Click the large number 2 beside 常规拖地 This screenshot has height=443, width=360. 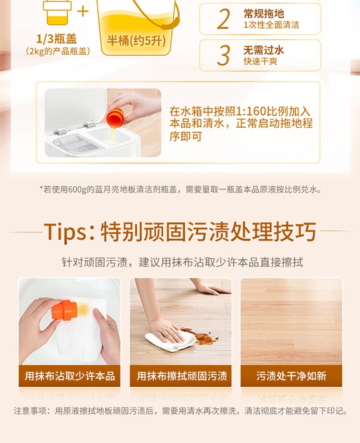pos(223,19)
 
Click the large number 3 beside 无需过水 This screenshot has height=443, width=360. pos(223,55)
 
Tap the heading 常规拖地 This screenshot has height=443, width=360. pos(264,13)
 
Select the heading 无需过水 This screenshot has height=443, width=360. pos(264,50)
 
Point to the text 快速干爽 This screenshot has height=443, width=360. pos(261,61)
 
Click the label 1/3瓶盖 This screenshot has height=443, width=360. pos(57,39)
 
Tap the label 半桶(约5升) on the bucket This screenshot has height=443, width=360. pos(136,41)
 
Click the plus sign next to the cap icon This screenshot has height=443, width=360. pos(83,12)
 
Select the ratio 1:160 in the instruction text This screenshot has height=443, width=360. pos(251,111)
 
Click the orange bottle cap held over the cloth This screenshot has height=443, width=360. pos(65,310)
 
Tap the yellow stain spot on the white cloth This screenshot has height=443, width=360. pos(83,309)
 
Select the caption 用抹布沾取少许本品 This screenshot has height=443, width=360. pos(70,376)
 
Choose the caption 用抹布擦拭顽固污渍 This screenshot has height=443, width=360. pos(182,376)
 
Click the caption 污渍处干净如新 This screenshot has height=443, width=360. pos(291,376)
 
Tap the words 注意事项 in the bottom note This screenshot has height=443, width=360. pos(30,410)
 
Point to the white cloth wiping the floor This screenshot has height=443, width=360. pos(170,341)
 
